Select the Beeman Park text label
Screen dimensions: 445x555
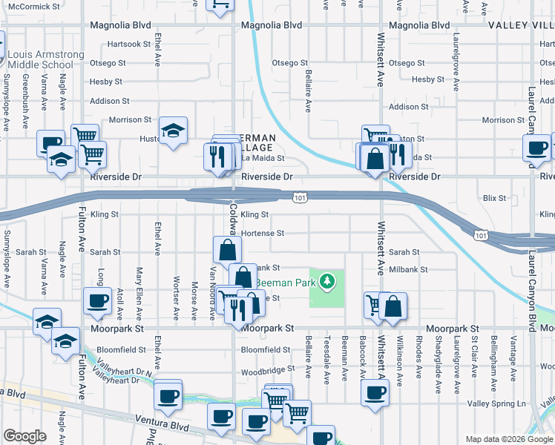pyautogui.click(x=286, y=283)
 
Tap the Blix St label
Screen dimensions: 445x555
pyautogui.click(x=494, y=198)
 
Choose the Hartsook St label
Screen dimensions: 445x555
pyautogui.click(x=129, y=44)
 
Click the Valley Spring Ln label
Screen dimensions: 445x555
pyautogui.click(x=495, y=403)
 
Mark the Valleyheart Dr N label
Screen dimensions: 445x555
pyautogui.click(x=123, y=368)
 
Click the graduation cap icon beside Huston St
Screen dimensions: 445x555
pyautogui.click(x=173, y=131)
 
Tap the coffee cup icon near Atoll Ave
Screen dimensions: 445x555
pyautogui.click(x=96, y=300)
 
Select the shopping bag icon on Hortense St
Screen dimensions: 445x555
pyautogui.click(x=227, y=248)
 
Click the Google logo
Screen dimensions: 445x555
pyautogui.click(x=25, y=435)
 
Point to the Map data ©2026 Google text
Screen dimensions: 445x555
pyautogui.click(x=508, y=439)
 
